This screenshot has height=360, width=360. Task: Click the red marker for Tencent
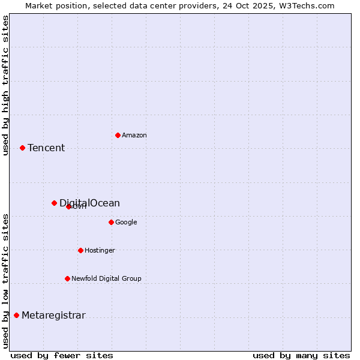coord(22,148)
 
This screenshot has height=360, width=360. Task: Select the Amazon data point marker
coord(118,135)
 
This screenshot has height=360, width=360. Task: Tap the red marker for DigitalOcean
coord(54,203)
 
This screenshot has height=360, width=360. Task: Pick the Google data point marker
coord(111,222)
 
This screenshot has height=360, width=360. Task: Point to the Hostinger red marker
coord(80,250)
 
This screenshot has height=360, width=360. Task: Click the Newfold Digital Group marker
coord(67,278)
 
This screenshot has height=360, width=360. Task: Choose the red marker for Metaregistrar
coord(16,315)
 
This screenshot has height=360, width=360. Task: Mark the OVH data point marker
coord(68,206)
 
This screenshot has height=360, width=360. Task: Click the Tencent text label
coord(46,148)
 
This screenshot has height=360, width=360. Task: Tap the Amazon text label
coord(134,136)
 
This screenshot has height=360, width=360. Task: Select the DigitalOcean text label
coord(90,203)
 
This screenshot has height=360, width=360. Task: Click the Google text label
coord(126,223)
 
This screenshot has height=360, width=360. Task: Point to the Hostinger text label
coord(100,251)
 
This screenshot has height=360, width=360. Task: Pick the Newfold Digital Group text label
coord(106,279)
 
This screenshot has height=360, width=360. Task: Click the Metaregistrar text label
coord(53,316)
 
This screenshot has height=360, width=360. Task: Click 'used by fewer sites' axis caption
coord(62,356)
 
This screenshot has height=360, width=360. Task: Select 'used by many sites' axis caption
coord(301,356)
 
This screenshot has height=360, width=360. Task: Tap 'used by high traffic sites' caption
coord(6,85)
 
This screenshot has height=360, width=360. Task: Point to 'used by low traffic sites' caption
coord(6,281)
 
